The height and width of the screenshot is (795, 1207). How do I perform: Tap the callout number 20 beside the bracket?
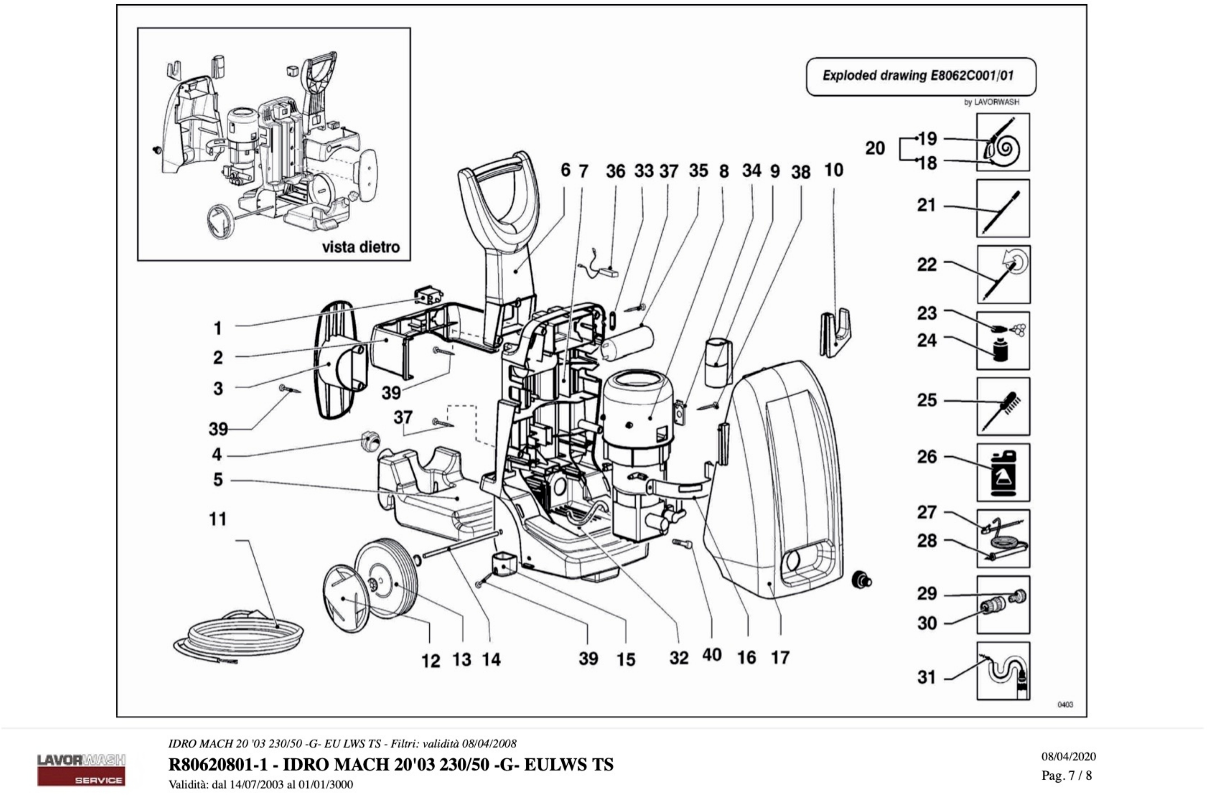pyautogui.click(x=875, y=148)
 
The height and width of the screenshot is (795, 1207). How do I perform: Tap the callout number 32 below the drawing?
pyautogui.click(x=679, y=658)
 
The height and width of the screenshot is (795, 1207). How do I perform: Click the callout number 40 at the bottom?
pyautogui.click(x=712, y=655)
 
